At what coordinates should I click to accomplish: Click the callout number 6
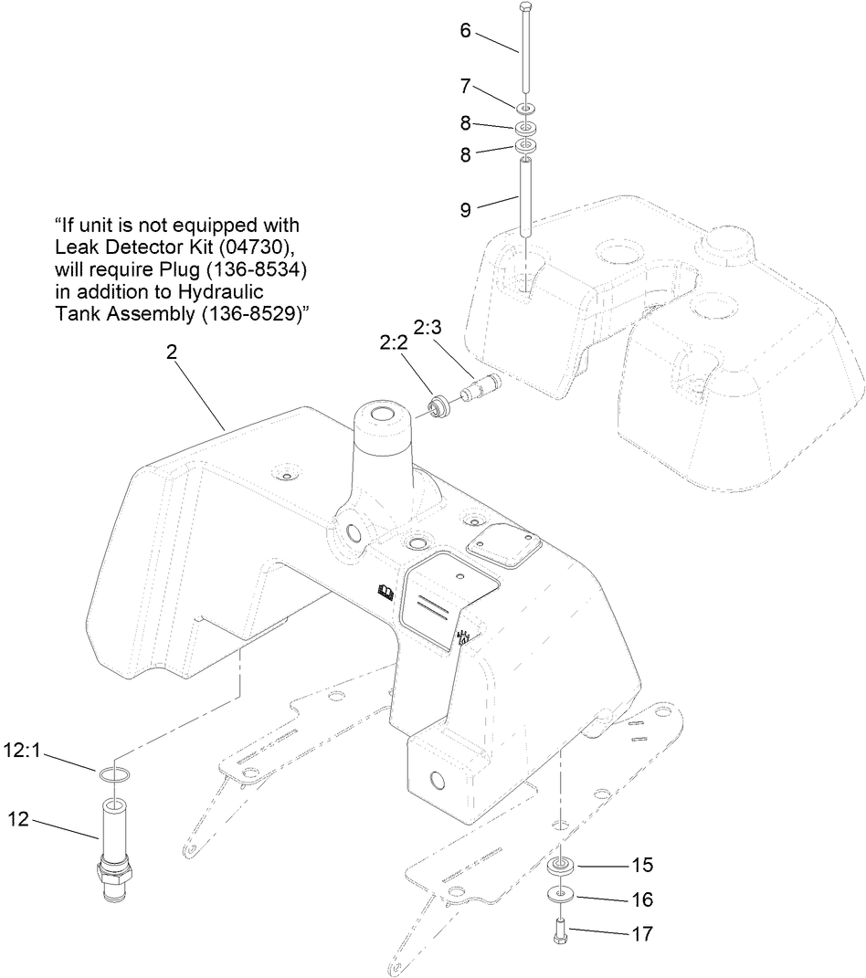(x=465, y=30)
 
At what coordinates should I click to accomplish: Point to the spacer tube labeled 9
(x=527, y=197)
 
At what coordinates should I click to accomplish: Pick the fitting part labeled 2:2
(x=438, y=404)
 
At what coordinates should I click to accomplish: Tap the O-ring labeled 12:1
(x=115, y=775)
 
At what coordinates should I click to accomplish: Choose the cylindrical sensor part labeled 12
(x=115, y=849)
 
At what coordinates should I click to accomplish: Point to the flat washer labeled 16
(x=559, y=893)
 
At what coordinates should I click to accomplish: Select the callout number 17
(x=642, y=933)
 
